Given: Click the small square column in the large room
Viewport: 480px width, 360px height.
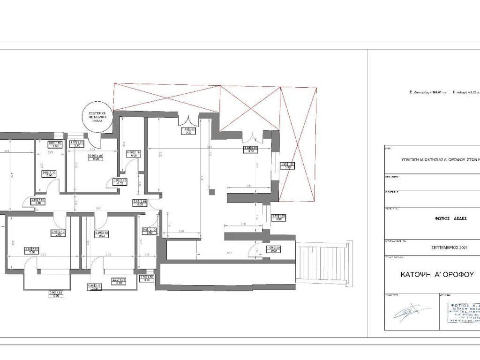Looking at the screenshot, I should click(212, 191).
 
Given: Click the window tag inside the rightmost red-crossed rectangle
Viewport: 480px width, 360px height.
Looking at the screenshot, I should click(287, 166).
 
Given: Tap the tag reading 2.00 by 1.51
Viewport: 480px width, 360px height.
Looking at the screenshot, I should click(56, 294).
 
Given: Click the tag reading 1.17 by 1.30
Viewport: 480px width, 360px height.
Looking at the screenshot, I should click(76, 144).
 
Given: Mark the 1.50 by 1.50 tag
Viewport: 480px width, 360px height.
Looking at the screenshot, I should click(147, 278).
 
